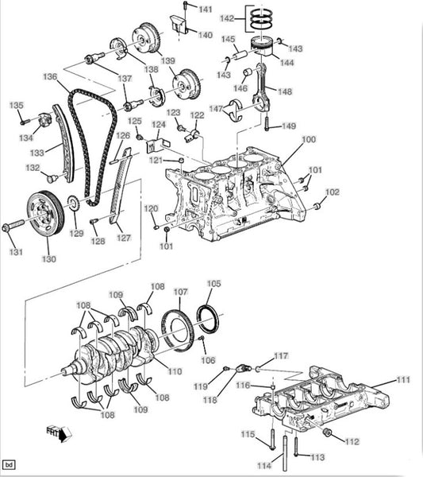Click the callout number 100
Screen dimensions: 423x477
tap(309, 140)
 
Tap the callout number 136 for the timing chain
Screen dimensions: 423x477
tap(50, 76)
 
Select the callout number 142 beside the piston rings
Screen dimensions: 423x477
tap(227, 18)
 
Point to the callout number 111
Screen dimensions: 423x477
tap(403, 380)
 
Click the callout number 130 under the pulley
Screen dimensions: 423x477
tap(49, 259)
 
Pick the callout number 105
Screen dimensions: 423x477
tap(213, 284)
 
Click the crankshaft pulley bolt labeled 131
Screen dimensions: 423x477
tap(13, 227)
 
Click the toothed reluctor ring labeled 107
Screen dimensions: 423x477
tap(178, 331)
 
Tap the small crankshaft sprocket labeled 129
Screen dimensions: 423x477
tap(73, 204)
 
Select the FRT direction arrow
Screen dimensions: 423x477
tap(60, 433)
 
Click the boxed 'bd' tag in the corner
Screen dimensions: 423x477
tap(9, 465)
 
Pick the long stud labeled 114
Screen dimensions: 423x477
tap(285, 453)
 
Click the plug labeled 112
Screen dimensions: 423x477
tap(327, 432)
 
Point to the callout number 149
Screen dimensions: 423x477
tap(289, 126)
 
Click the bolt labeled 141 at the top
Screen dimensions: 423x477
tap(186, 9)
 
